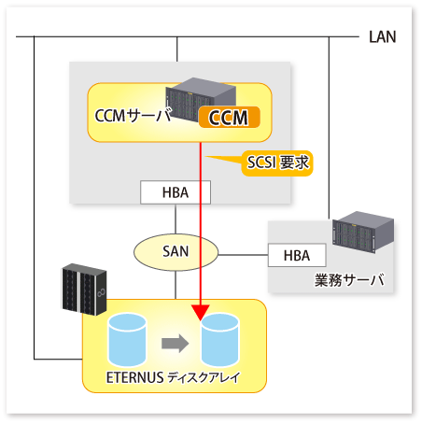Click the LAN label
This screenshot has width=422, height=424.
pyautogui.click(x=383, y=36)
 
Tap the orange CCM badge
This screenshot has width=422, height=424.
pyautogui.click(x=230, y=117)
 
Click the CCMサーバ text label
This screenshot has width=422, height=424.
pyautogui.click(x=134, y=115)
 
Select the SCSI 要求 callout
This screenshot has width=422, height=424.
pyautogui.click(x=277, y=163)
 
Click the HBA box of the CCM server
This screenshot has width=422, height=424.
pyautogui.click(x=176, y=192)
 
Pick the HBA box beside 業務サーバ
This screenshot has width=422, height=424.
pyautogui.click(x=297, y=255)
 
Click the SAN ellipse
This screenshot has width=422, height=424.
pyautogui.click(x=176, y=252)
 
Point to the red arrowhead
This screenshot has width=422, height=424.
pyautogui.click(x=201, y=313)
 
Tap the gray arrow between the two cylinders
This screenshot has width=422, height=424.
pyautogui.click(x=176, y=344)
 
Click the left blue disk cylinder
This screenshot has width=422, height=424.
pyautogui.click(x=127, y=340)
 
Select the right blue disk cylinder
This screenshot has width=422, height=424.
pyautogui.click(x=220, y=340)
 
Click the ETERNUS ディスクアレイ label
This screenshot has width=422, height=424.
pyautogui.click(x=173, y=377)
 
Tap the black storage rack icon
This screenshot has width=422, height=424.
pyautogui.click(x=84, y=290)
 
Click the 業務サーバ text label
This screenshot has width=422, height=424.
pyautogui.click(x=349, y=280)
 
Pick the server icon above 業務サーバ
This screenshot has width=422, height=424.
pyautogui.click(x=363, y=232)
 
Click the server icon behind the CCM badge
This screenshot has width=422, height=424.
pyautogui.click(x=201, y=99)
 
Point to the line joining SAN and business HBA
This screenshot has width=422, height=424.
pyautogui.click(x=243, y=255)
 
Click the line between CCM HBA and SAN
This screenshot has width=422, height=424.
pyautogui.click(x=176, y=219)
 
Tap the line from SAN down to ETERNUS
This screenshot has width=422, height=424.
pyautogui.click(x=176, y=285)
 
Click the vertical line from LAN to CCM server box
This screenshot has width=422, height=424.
pyautogui.click(x=177, y=49)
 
